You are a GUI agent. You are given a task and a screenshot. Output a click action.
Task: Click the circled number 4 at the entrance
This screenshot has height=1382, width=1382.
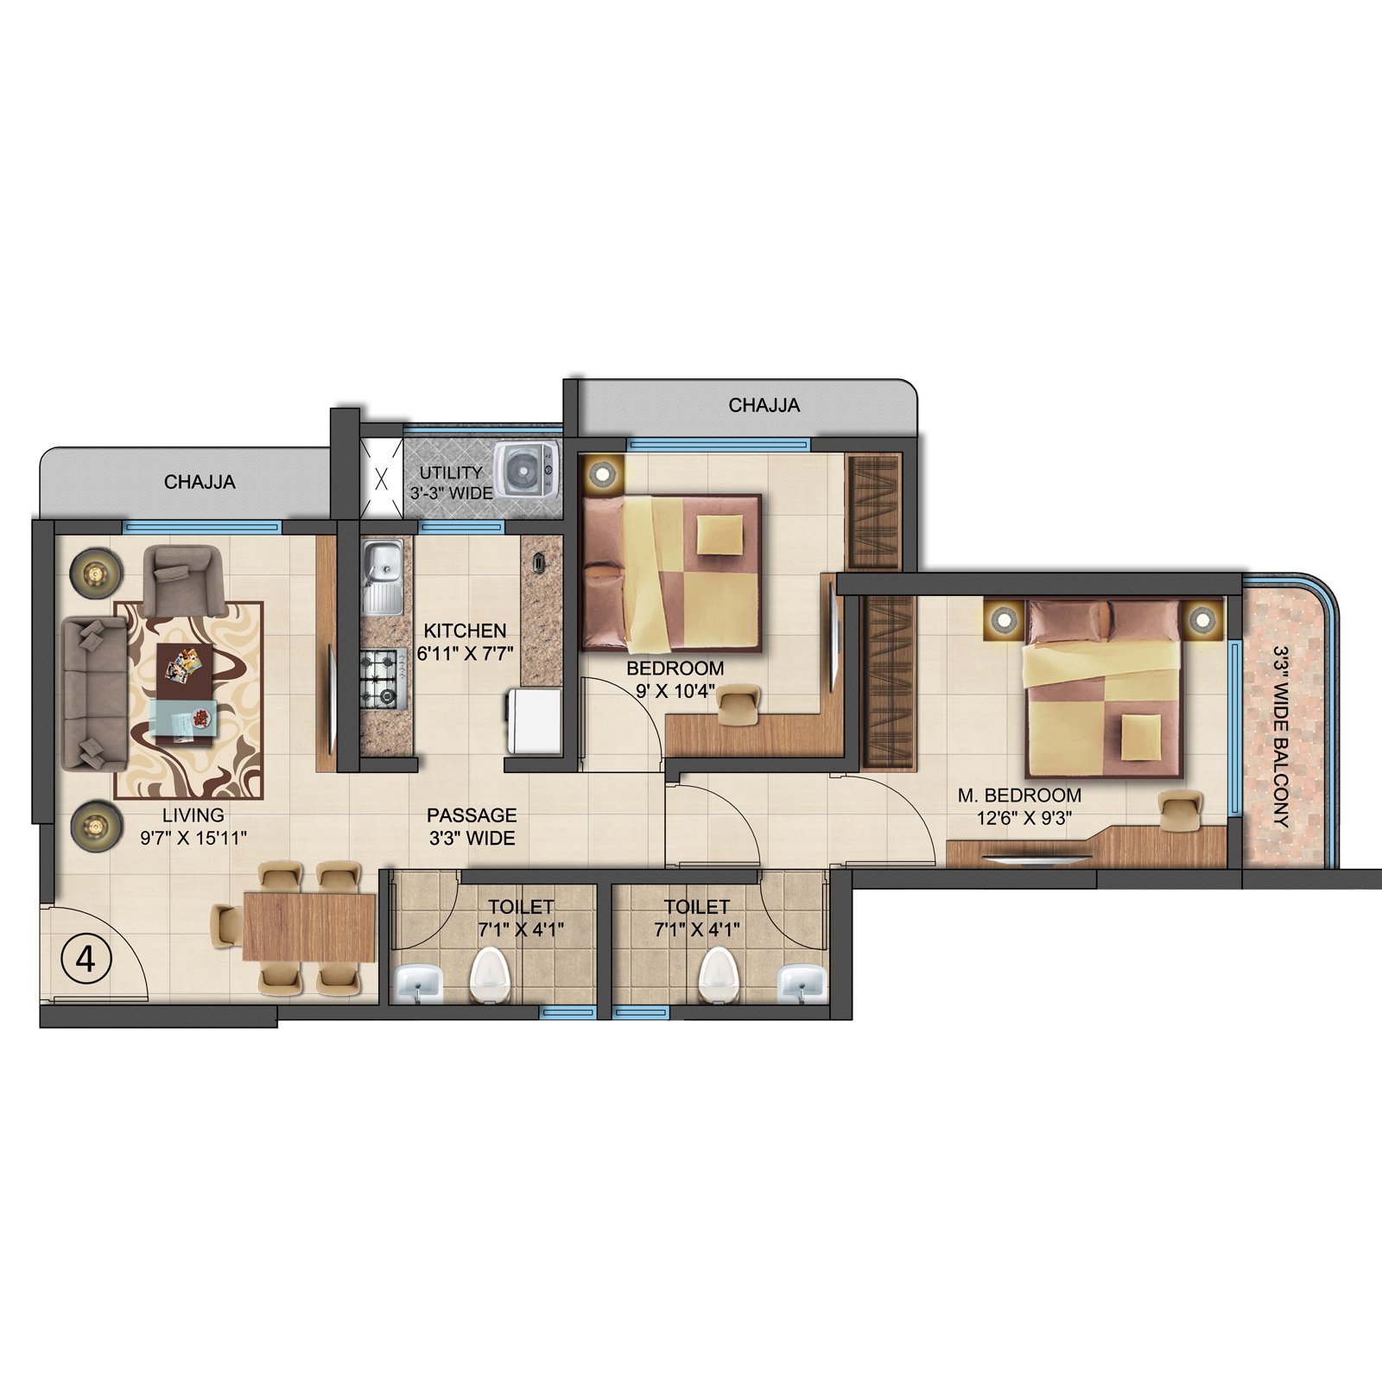point(86,959)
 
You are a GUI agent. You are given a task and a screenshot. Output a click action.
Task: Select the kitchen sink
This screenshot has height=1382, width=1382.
point(383,576)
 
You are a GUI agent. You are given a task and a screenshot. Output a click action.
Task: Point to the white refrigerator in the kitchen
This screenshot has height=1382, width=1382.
point(535,720)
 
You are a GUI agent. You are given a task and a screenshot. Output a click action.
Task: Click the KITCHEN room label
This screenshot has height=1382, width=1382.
point(465,631)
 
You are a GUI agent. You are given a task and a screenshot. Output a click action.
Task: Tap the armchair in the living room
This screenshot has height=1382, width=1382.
point(185,580)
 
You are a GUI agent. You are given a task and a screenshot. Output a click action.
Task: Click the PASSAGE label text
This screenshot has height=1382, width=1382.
point(472,815)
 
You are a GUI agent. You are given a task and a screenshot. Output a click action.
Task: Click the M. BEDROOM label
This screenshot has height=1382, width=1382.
point(1019,796)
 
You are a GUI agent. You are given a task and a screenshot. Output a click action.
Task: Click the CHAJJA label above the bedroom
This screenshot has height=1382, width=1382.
point(764,405)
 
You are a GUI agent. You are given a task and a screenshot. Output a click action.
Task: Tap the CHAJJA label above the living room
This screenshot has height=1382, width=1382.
point(200,482)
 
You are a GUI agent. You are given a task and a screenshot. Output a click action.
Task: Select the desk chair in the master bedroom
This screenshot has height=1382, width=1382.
point(1180,812)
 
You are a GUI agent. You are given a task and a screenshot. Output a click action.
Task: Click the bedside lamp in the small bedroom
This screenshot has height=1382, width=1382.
point(603,472)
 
